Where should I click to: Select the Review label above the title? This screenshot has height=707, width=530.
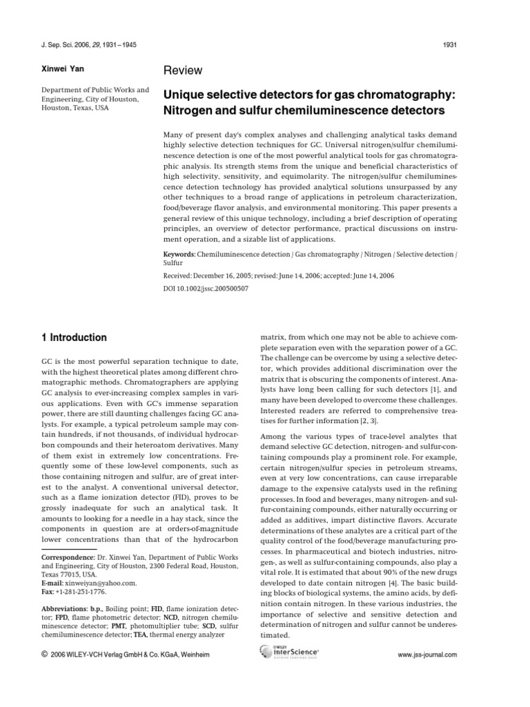point(183,70)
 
